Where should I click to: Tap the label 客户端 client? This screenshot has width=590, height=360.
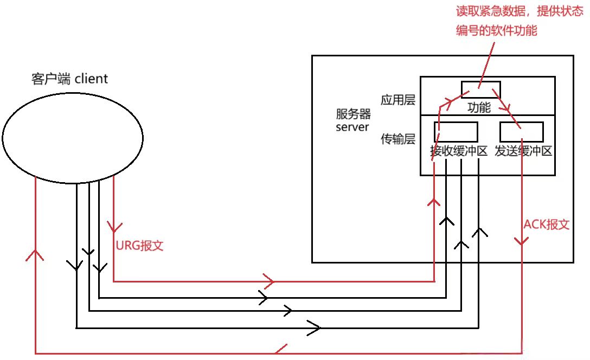click(x=69, y=79)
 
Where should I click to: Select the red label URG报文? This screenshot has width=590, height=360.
click(x=140, y=245)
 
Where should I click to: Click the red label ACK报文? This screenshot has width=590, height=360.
click(x=547, y=224)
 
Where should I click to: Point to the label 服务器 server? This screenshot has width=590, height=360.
click(x=353, y=120)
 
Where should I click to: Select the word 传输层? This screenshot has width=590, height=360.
click(x=397, y=139)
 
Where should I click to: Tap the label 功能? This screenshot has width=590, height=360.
click(x=479, y=108)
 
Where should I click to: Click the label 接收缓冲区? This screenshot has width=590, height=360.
click(x=459, y=152)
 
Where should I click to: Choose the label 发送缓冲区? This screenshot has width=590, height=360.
click(x=523, y=152)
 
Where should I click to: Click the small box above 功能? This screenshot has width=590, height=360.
click(x=480, y=89)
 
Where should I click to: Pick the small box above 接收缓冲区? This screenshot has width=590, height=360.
click(x=456, y=132)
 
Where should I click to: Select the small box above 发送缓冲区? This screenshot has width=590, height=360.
click(x=522, y=132)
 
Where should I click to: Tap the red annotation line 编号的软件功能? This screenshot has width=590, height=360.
click(x=497, y=31)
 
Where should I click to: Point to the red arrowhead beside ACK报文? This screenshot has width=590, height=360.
click(x=522, y=241)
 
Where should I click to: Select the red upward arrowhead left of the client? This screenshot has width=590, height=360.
click(x=35, y=254)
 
